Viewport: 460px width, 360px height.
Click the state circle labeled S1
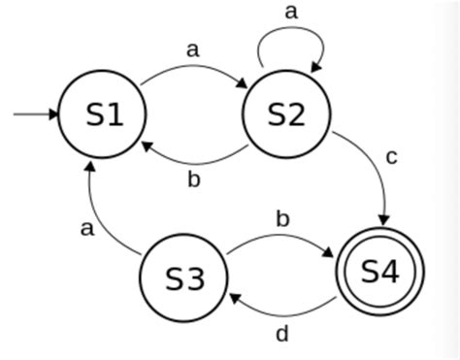[104, 115]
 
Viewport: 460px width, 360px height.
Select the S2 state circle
[286, 115]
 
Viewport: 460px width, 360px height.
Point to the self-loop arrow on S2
[290, 41]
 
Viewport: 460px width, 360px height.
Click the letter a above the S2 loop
[290, 12]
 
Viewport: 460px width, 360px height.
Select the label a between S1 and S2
[192, 49]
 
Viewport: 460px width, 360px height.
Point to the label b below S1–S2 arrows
[193, 180]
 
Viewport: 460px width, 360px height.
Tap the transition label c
[391, 156]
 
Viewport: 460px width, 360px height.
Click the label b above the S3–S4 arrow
[282, 217]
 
